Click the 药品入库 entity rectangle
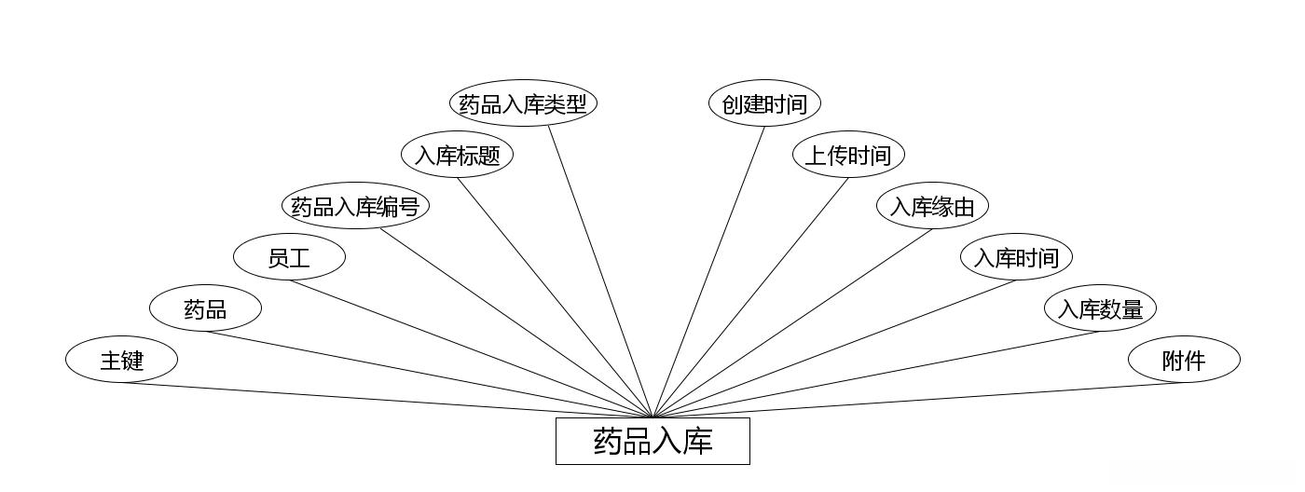(x=652, y=441)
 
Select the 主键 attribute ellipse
(x=121, y=360)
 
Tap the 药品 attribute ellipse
(x=205, y=308)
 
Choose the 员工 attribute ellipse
(x=289, y=257)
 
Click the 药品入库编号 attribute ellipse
(x=355, y=206)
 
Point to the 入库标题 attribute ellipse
(x=457, y=155)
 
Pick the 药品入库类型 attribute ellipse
(x=523, y=103)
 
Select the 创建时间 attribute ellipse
(x=764, y=103)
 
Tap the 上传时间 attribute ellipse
(x=848, y=155)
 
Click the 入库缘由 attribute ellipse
(x=932, y=206)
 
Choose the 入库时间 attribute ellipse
(x=1016, y=257)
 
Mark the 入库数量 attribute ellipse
(x=1100, y=308)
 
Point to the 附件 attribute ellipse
(x=1184, y=360)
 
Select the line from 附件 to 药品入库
(x=918, y=401)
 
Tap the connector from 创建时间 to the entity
(x=708, y=272)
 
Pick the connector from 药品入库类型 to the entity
(x=600, y=272)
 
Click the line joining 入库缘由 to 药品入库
(x=792, y=323)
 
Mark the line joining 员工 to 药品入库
(x=471, y=348)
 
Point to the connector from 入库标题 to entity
(x=555, y=297)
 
